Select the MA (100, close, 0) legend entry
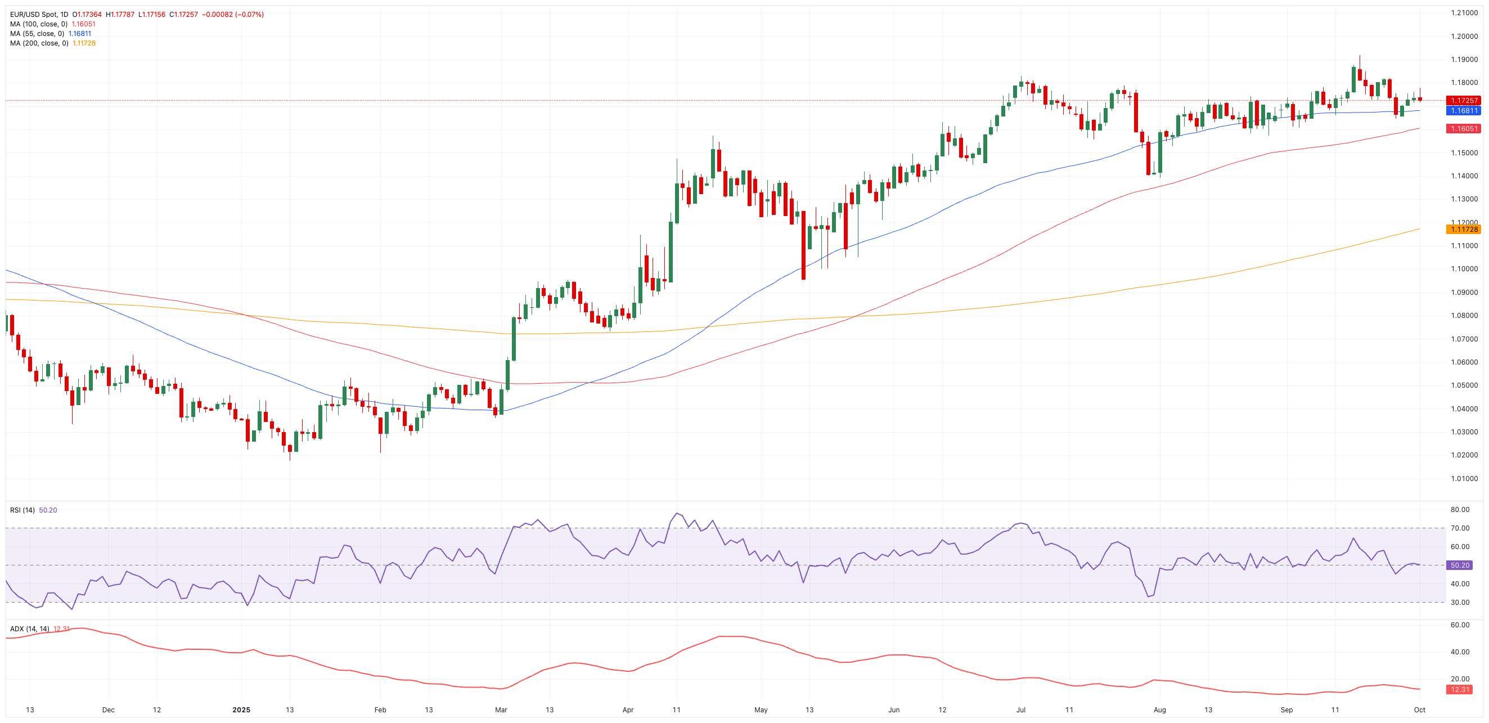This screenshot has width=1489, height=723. tap(39, 24)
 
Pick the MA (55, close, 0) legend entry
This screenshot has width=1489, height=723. tap(37, 34)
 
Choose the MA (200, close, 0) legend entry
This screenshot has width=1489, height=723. tap(39, 43)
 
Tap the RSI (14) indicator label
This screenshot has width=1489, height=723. tap(23, 510)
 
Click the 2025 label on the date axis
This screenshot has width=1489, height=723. tap(242, 709)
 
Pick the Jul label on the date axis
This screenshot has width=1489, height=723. tap(1021, 709)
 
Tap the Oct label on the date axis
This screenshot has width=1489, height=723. tap(1420, 709)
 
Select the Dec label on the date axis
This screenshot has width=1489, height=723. tap(108, 709)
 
